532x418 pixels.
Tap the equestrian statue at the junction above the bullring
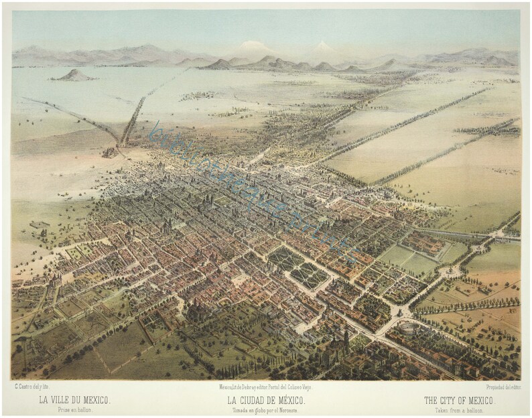(399, 312)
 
